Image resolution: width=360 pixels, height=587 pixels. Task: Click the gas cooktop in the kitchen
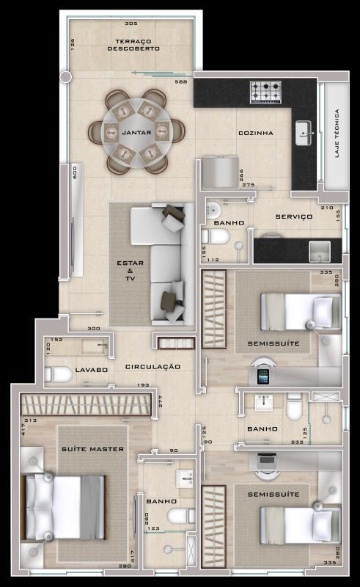pyautogui.click(x=265, y=92)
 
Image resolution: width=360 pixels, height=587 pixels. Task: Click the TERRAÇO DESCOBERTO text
pyautogui.click(x=133, y=45)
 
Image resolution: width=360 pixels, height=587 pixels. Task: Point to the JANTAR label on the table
pyautogui.click(x=136, y=133)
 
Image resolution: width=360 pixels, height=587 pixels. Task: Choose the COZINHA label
pyautogui.click(x=256, y=133)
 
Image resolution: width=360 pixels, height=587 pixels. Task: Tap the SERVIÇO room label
pyautogui.click(x=294, y=216)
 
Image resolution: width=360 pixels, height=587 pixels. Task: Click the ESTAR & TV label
pyautogui.click(x=130, y=271)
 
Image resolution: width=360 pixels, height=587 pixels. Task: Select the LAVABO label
pyautogui.click(x=92, y=370)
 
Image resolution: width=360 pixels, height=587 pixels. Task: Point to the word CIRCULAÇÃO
pyautogui.click(x=153, y=366)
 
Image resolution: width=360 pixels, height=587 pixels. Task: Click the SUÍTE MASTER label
pyautogui.click(x=92, y=448)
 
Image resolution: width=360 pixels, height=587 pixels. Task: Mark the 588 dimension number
pyautogui.click(x=180, y=81)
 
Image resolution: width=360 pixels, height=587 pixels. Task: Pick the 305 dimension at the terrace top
pyautogui.click(x=132, y=23)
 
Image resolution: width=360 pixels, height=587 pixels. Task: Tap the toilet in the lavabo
pyautogui.click(x=59, y=374)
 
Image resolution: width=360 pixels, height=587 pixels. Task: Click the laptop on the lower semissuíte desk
pyautogui.click(x=267, y=461)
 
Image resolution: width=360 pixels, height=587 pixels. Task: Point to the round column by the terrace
pyautogui.click(x=65, y=76)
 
